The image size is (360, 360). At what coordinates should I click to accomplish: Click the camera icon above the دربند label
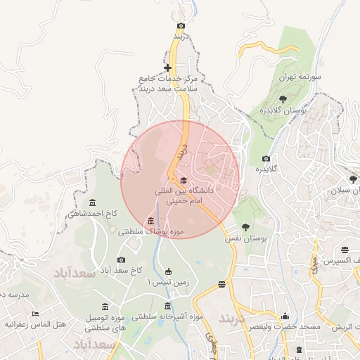pyautogui.click(x=181, y=25)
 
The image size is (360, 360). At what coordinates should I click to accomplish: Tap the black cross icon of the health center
pyautogui.click(x=167, y=68)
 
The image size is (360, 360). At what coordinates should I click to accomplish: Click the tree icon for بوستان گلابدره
pyautogui.click(x=283, y=98)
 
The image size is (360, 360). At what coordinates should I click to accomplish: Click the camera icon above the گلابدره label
pyautogui.click(x=265, y=158)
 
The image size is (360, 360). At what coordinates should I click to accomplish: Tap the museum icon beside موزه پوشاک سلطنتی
pyautogui.click(x=151, y=221)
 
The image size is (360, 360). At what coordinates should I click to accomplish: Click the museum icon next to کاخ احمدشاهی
pyautogui.click(x=72, y=212)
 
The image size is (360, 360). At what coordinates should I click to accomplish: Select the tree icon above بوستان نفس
pyautogui.click(x=245, y=227)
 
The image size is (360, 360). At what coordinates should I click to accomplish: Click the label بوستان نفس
pyautogui.click(x=247, y=240)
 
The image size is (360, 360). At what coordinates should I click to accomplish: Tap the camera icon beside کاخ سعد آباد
pyautogui.click(x=121, y=260)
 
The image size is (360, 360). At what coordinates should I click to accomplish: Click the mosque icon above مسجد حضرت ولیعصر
pyautogui.click(x=285, y=316)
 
